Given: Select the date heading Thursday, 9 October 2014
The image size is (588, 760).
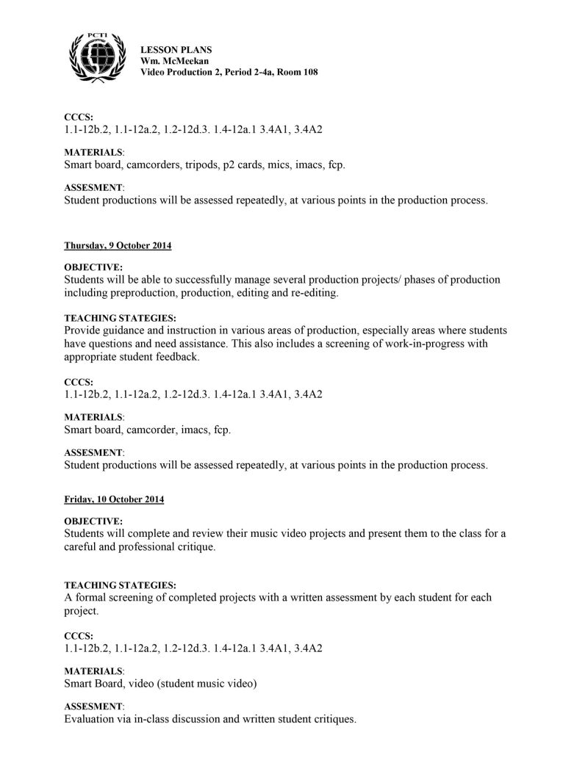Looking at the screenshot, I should (x=118, y=245).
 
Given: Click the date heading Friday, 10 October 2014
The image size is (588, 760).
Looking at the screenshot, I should (x=114, y=499).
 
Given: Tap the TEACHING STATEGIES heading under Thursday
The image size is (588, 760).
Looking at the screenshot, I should (x=120, y=318).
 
